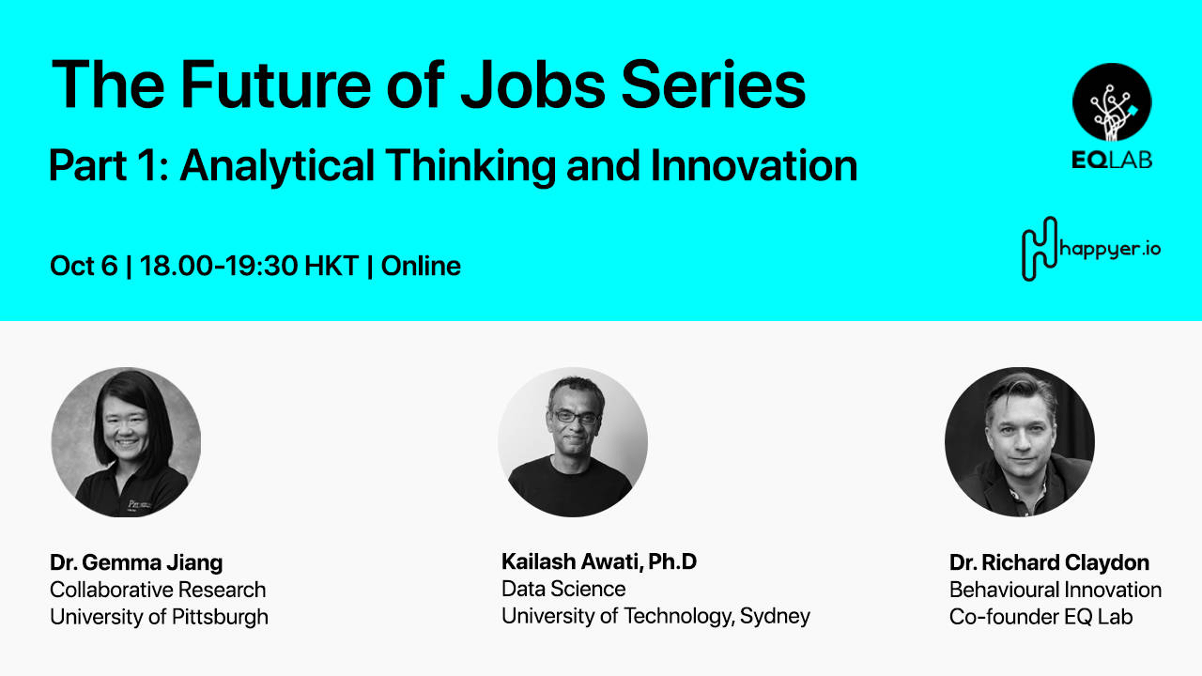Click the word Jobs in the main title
(x=532, y=84)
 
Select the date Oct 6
(x=84, y=266)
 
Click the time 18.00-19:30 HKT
(x=249, y=266)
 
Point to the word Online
(x=421, y=266)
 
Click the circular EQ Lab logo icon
(x=1112, y=102)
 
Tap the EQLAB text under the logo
(x=1112, y=160)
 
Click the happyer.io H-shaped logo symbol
(x=1039, y=248)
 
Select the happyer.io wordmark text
(x=1109, y=250)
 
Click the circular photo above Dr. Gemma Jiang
(x=126, y=442)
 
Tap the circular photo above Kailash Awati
(x=573, y=442)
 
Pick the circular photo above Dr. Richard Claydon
(x=1020, y=442)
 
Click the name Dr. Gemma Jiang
(x=136, y=563)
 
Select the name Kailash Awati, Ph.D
(x=599, y=562)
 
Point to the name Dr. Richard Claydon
(x=1049, y=563)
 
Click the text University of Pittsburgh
(x=159, y=617)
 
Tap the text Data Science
(x=563, y=589)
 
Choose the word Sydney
(x=775, y=617)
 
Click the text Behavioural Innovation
(x=1056, y=590)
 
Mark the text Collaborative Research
(x=158, y=590)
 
